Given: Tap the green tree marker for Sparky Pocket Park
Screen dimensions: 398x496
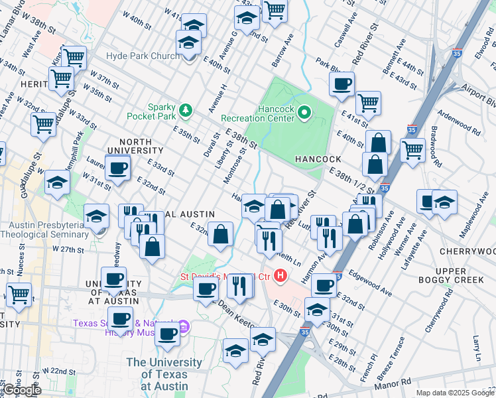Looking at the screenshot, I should point(188,109).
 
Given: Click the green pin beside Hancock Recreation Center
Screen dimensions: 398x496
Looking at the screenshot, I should point(304,113).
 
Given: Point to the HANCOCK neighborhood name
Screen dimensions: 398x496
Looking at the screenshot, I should point(318,160).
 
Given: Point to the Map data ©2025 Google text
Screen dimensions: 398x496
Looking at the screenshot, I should point(455,393).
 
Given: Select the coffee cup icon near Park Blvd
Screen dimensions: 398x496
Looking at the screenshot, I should point(342,84).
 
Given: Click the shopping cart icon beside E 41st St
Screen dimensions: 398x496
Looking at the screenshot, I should point(368,103).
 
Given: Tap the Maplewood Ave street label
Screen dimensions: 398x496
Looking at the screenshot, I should point(479,219).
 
